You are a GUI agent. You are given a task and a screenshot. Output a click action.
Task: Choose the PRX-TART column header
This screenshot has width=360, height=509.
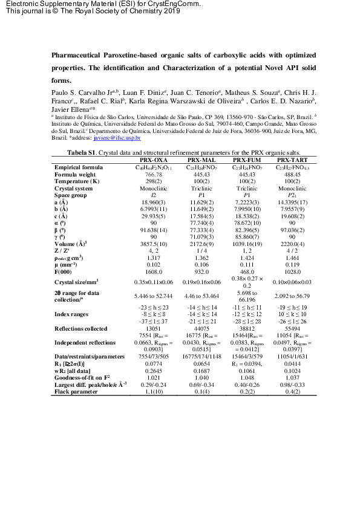288,160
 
